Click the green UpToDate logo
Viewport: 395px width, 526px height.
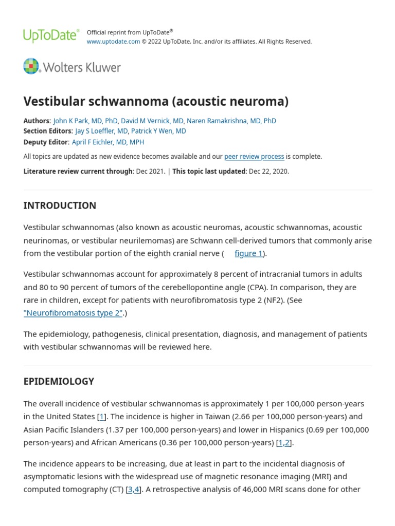pos(51,35)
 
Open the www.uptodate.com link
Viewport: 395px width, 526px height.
pos(113,42)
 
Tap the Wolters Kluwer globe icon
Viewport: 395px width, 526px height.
pos(31,67)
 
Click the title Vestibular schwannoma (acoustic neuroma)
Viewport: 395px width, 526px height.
pos(156,101)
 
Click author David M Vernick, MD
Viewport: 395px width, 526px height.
pos(152,121)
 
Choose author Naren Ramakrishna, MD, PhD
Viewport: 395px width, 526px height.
pos(231,121)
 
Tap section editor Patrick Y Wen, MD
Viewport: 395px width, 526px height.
pos(158,131)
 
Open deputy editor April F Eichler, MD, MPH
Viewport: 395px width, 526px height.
pos(108,142)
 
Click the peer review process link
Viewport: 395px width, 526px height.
pos(254,157)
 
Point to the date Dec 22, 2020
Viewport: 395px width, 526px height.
pos(268,172)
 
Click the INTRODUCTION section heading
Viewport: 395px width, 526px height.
pos(60,205)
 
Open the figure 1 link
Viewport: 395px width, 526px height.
pos(248,253)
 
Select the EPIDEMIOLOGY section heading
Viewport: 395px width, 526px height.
pos(59,381)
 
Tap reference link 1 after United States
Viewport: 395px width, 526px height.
pos(102,417)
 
